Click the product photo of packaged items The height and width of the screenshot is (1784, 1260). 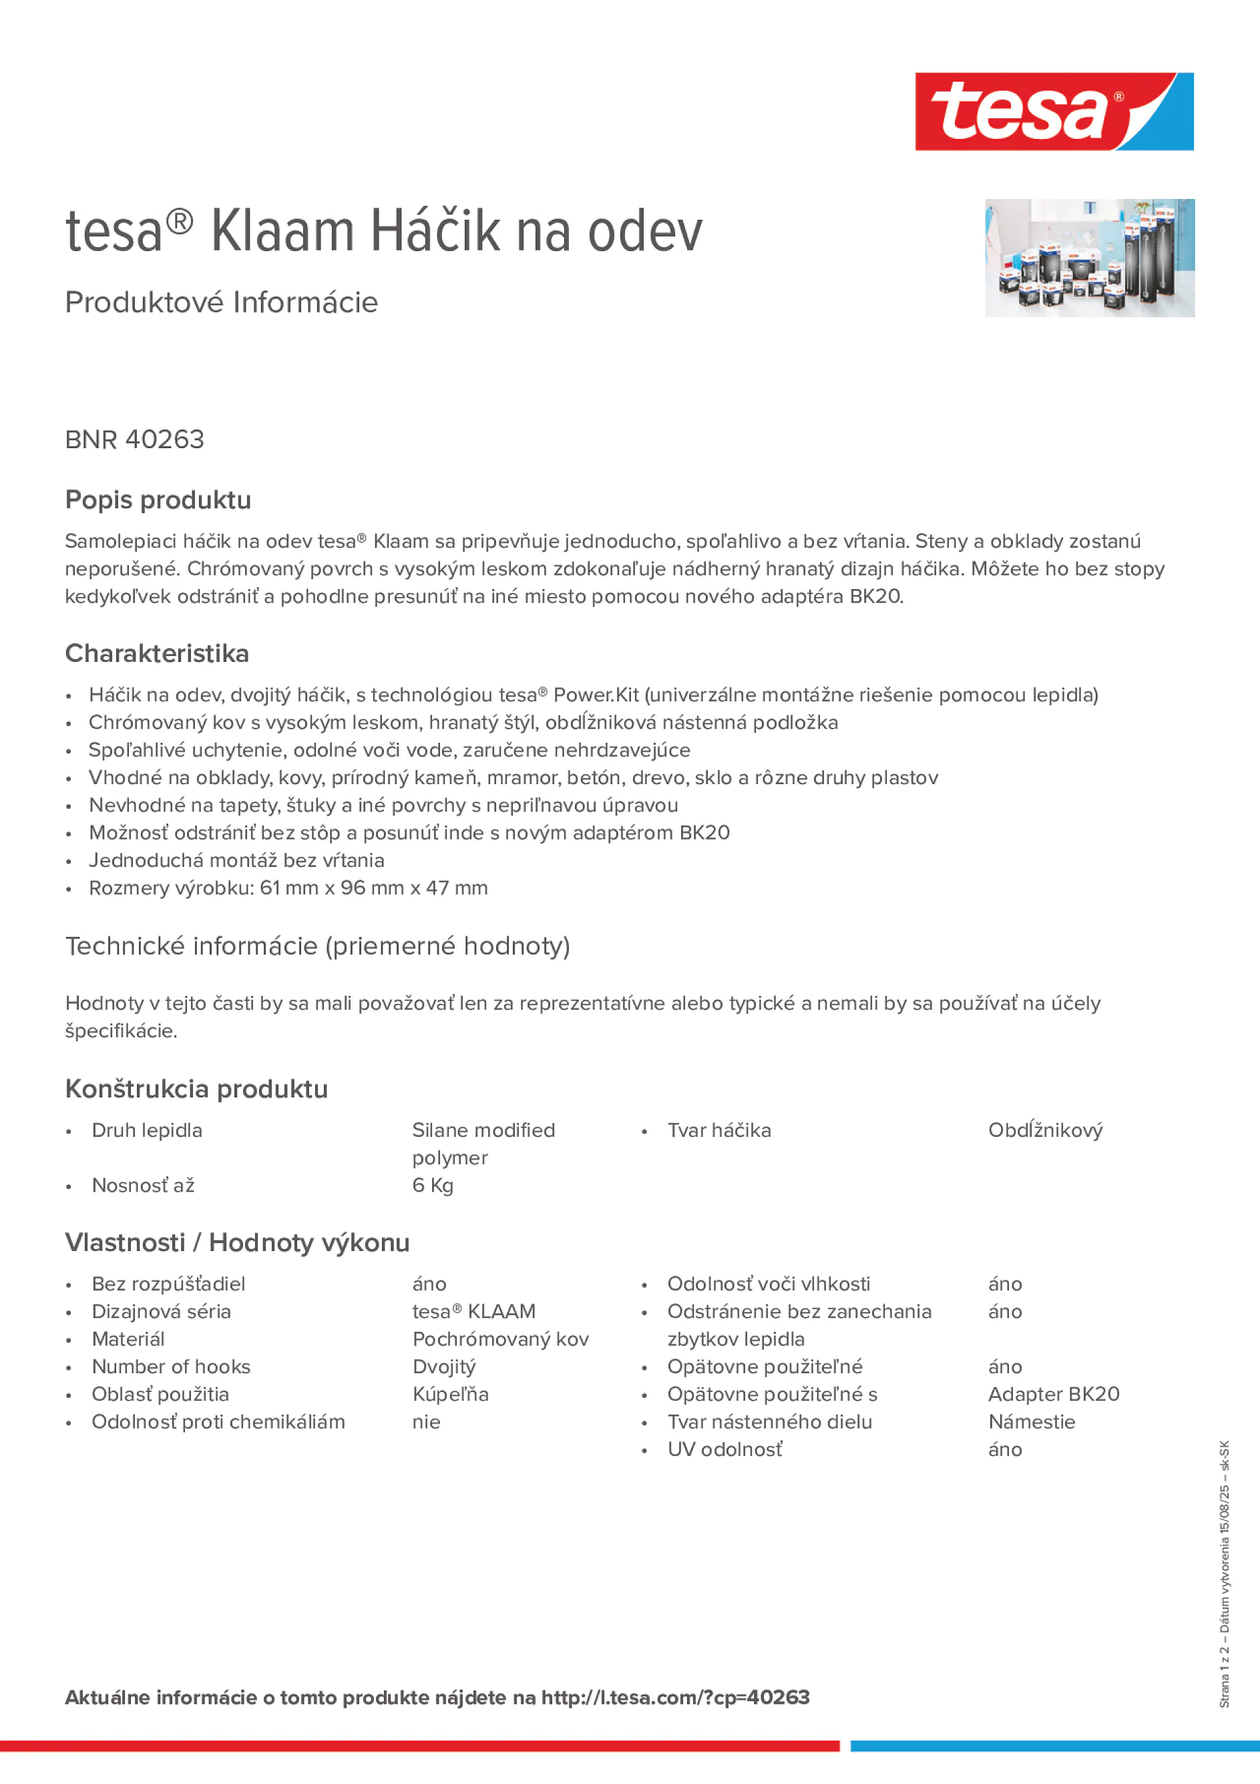1089,258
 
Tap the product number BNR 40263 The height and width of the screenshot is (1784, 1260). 134,439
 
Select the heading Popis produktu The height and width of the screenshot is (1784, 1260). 158,500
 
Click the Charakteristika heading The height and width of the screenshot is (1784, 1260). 157,653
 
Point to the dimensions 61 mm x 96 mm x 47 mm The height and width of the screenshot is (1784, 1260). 374,888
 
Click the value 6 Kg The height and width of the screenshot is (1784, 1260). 433,1185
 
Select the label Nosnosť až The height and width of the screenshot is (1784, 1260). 143,1185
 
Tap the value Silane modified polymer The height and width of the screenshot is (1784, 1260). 483,1143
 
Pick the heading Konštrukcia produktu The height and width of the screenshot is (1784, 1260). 196,1089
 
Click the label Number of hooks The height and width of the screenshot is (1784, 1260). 171,1366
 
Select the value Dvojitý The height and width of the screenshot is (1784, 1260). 443,1366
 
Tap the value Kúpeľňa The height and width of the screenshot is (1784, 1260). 450,1394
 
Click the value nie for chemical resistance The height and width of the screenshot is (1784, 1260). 427,1421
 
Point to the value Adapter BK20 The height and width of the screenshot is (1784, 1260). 1054,1394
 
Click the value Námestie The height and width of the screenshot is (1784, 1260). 1032,1421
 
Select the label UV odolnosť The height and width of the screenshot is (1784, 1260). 724,1449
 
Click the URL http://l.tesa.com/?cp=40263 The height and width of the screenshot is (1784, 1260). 675,1697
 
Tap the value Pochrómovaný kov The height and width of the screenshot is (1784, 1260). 500,1339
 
